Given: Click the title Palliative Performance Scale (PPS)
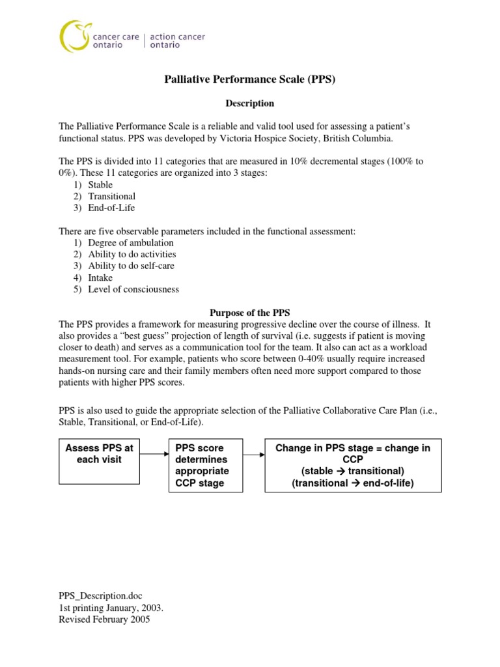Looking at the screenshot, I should [249, 80].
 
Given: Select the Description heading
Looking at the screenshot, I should [249, 104].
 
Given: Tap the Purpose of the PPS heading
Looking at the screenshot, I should [249, 313].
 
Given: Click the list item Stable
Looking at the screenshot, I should [100, 185].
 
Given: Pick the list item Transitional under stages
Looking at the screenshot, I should [111, 197].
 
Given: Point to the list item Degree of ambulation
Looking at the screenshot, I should [131, 243].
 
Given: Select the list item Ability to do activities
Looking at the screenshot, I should [132, 255].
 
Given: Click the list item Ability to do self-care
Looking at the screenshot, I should [131, 266].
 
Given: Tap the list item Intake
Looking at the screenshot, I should [100, 277].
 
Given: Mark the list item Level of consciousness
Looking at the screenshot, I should [133, 289].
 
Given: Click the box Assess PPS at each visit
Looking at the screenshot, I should [99, 461].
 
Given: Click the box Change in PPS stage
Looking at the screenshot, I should [353, 466].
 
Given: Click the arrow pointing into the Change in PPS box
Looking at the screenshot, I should [253, 455].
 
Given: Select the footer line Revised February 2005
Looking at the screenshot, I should [104, 620].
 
